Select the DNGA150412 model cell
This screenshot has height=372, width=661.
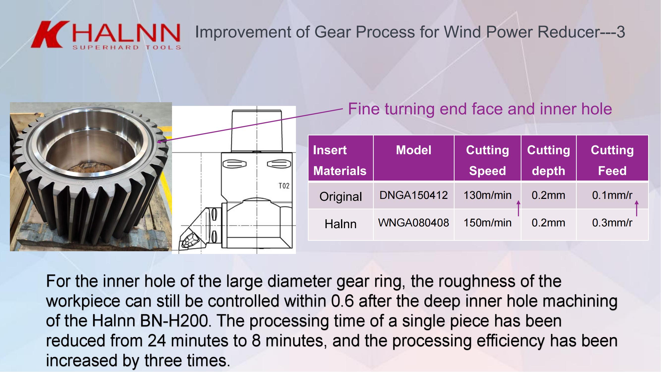pyautogui.click(x=413, y=195)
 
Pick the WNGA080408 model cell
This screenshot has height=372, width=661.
pyautogui.click(x=413, y=223)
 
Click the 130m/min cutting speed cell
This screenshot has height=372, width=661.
pyautogui.click(x=487, y=195)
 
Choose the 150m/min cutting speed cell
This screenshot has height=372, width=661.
pyautogui.click(x=487, y=223)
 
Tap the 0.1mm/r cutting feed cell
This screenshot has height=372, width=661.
pyautogui.click(x=612, y=195)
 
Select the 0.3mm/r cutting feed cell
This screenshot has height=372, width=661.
pyautogui.click(x=612, y=223)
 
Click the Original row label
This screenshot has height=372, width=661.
pyautogui.click(x=341, y=197)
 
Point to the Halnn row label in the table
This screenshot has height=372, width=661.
pyautogui.click(x=341, y=224)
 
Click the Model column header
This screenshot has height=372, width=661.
pyautogui.click(x=413, y=150)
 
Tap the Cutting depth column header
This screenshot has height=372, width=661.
pyautogui.click(x=548, y=160)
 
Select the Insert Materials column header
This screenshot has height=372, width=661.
pyautogui.click(x=340, y=160)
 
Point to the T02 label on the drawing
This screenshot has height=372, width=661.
pyautogui.click(x=284, y=186)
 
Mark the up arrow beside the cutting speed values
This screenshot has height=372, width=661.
pyautogui.click(x=518, y=208)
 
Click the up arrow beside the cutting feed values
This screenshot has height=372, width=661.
pyautogui.click(x=637, y=208)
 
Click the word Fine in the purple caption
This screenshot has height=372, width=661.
pyautogui.click(x=364, y=109)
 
